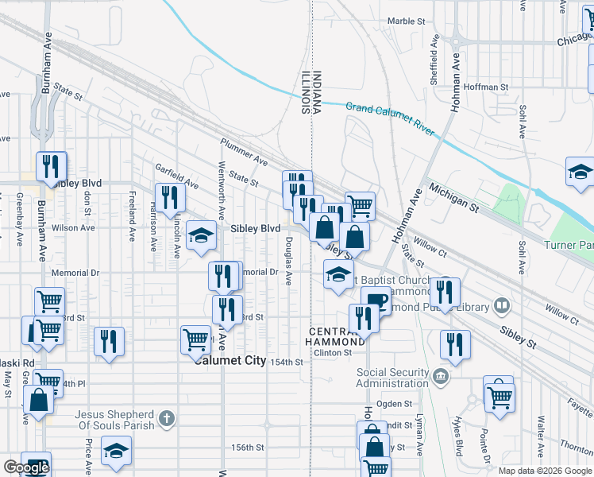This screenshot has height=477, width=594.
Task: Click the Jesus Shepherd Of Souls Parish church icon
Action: [x=166, y=418]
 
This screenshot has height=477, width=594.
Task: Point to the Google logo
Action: [x=26, y=467]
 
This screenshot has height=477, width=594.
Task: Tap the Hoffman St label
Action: [x=488, y=87]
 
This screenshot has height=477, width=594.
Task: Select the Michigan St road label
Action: [x=453, y=199]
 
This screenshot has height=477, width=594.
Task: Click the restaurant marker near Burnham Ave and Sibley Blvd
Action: [x=52, y=167]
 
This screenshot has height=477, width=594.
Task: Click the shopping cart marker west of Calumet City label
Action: [x=195, y=340]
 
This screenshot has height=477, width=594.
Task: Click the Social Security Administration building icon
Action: [x=442, y=375]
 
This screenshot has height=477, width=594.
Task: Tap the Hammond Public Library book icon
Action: [x=502, y=305]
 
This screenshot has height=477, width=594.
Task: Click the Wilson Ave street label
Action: [x=73, y=227]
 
